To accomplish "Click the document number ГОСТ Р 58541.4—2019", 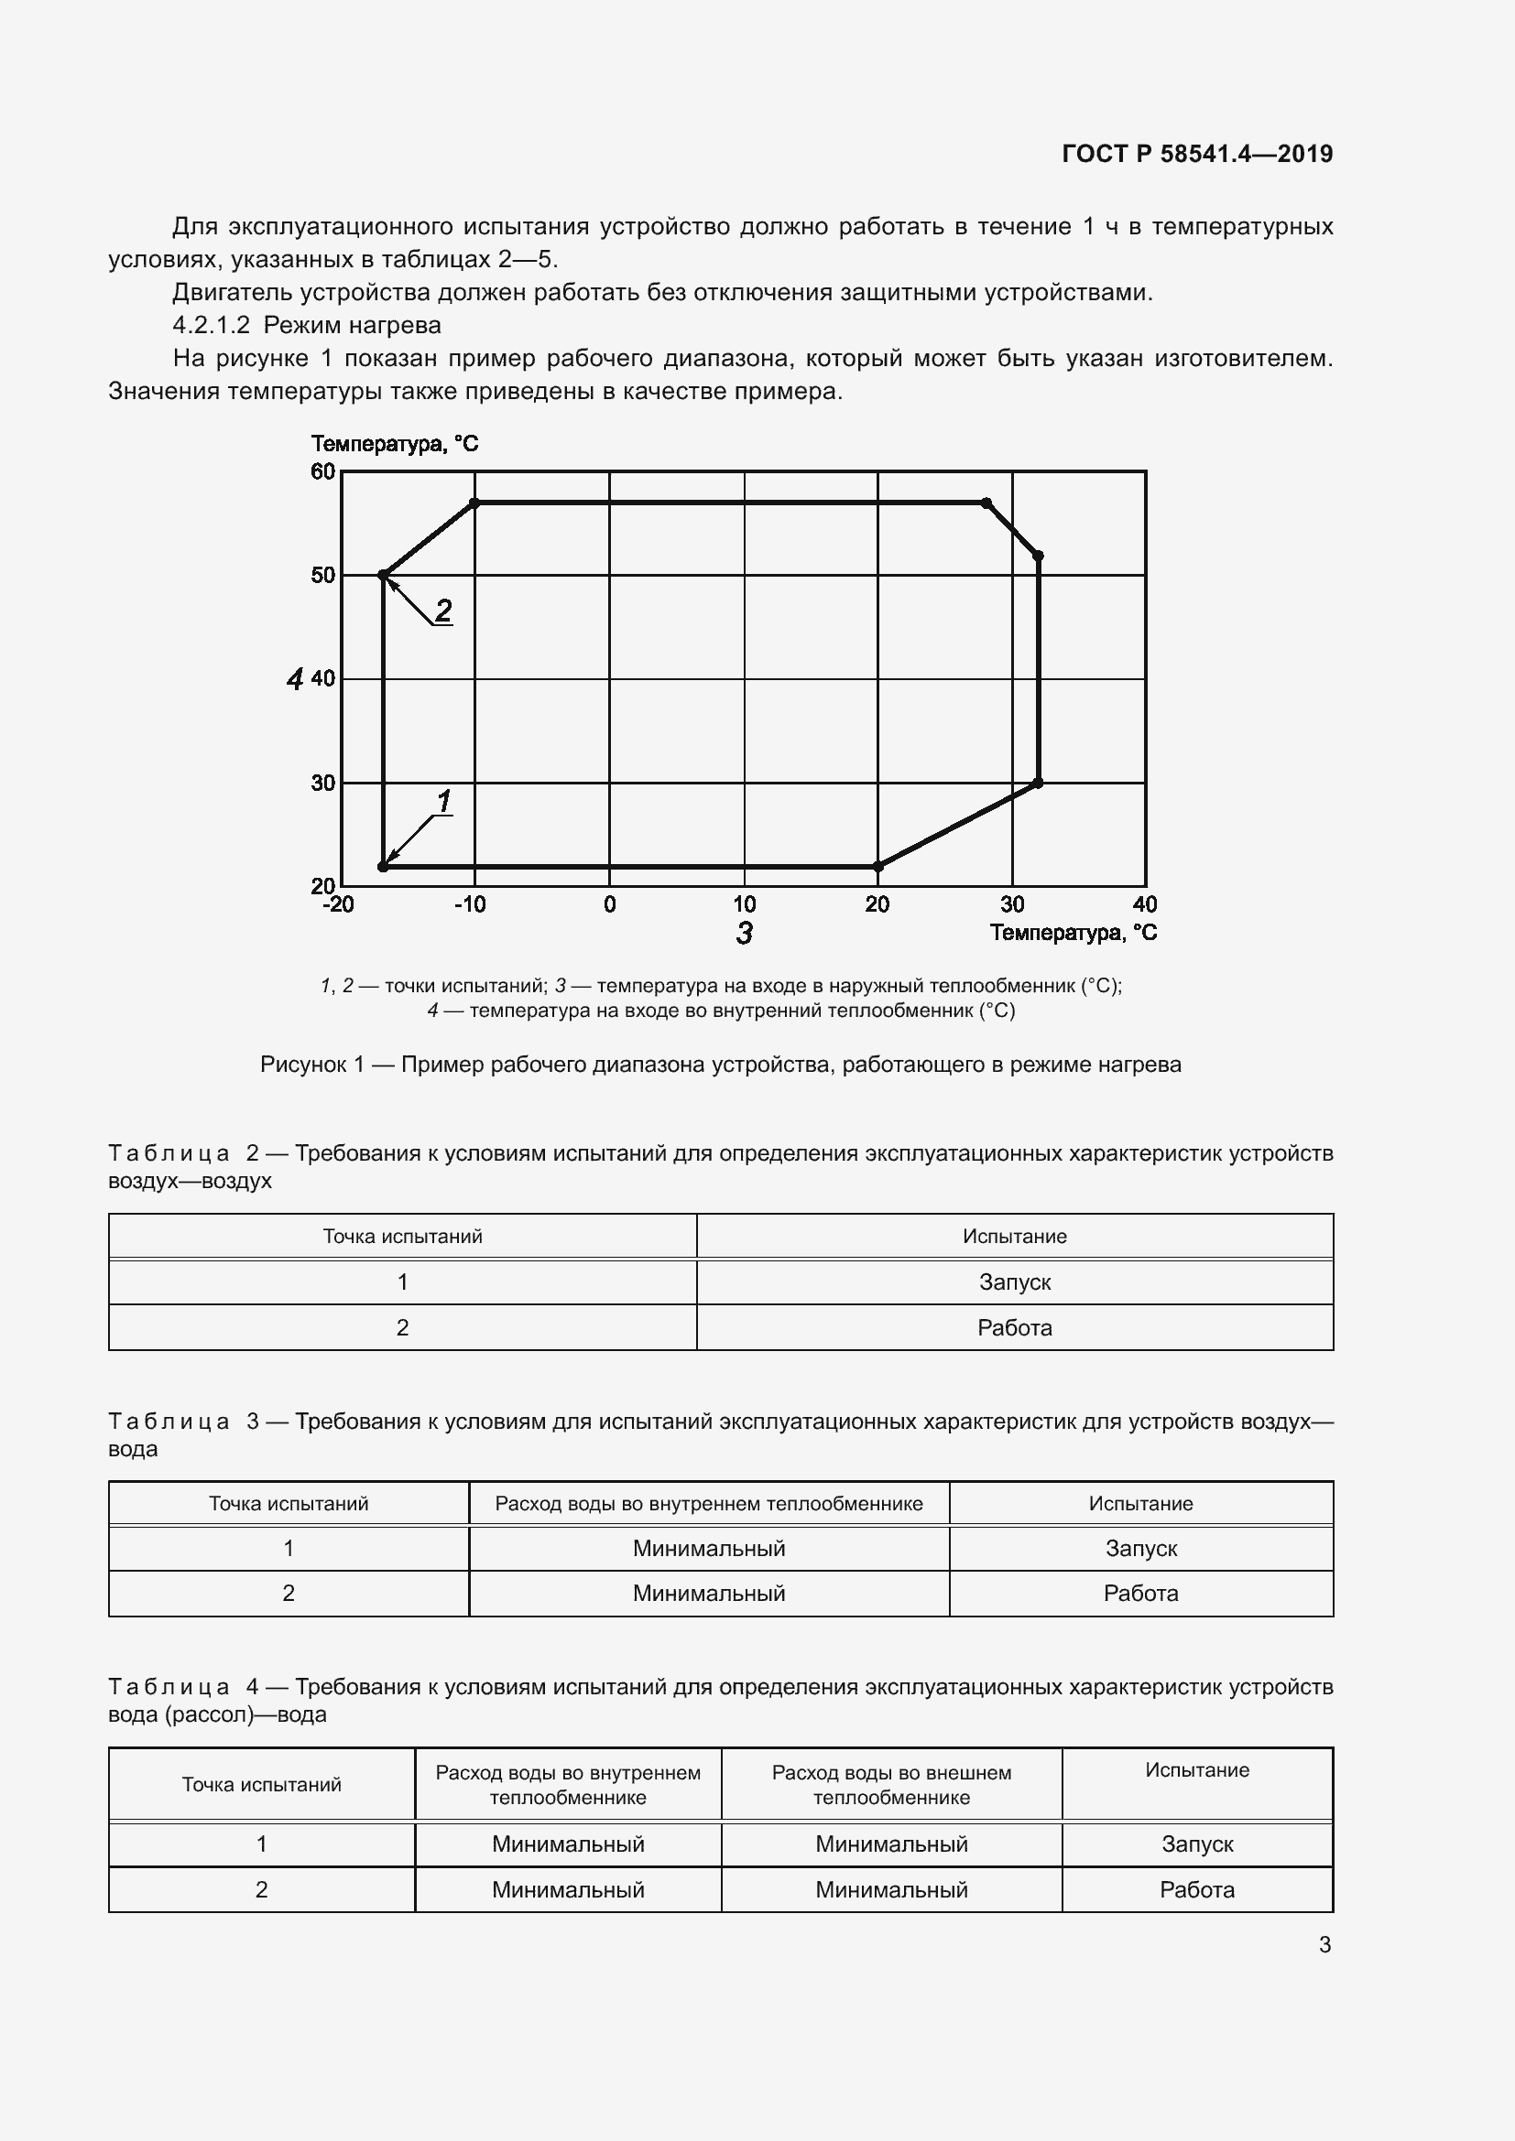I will tap(1197, 154).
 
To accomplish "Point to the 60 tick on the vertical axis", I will tap(322, 471).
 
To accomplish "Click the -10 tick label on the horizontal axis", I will tap(470, 904).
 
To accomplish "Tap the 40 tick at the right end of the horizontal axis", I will tap(1145, 904).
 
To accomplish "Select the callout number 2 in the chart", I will tap(443, 611).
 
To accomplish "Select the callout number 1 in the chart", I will tap(444, 801).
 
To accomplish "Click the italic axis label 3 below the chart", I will tap(744, 934).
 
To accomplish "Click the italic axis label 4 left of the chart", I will tap(295, 680).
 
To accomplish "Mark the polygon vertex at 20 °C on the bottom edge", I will tap(877, 867).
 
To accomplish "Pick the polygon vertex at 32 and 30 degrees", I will tap(1039, 784).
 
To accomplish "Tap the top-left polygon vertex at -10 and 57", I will tap(474, 503).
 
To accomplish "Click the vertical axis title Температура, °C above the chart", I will tap(395, 444).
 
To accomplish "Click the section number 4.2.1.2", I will tap(212, 326).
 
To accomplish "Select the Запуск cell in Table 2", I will tap(1014, 1282).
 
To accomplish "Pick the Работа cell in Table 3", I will tap(1140, 1594).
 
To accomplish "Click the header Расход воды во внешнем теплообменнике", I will tap(891, 1785).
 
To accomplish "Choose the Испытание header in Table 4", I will tap(1197, 1771).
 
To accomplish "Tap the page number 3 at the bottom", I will tap(1324, 1945).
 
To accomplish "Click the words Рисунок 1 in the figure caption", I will tap(311, 1065).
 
